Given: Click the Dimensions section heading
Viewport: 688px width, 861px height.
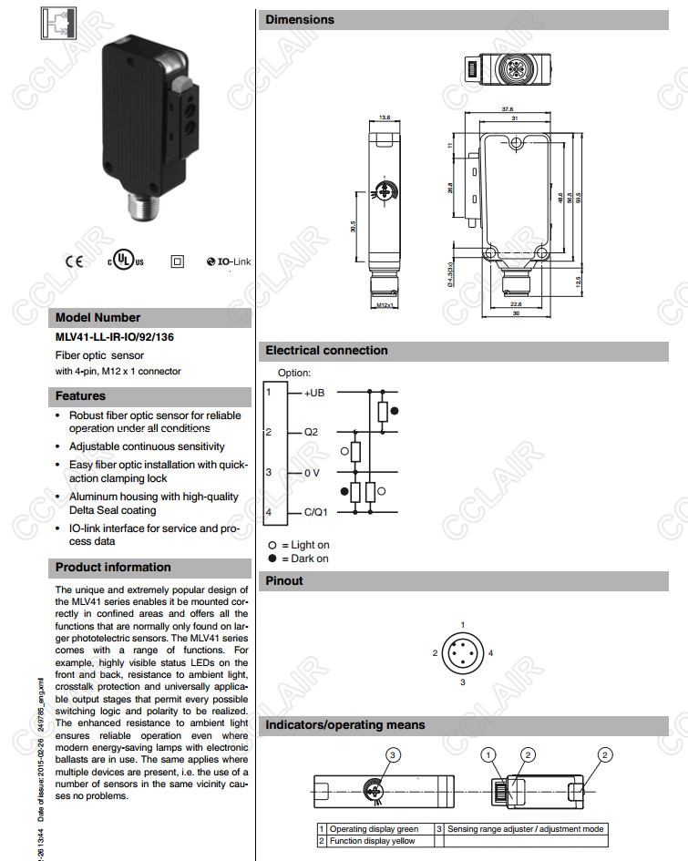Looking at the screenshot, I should pos(300,19).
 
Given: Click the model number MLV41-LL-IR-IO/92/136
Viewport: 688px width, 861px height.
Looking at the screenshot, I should pos(115,337).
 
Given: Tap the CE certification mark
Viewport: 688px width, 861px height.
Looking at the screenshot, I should pos(74,261).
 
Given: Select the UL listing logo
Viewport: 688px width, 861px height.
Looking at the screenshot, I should pos(126,261).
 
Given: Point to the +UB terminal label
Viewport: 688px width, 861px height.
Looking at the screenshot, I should pos(314,393).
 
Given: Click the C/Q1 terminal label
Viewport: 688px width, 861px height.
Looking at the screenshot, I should pos(316,513).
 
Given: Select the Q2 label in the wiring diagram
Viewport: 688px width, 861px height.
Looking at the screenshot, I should pos(311,433).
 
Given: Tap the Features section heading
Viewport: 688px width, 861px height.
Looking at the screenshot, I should pos(80,396).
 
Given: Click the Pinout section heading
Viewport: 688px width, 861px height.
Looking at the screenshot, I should pos(284,580).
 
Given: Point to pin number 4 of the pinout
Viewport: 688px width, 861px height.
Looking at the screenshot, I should pos(490,653).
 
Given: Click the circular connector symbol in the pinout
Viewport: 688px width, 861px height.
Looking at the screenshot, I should pos(463,653).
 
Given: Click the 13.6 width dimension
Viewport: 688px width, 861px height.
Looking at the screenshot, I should pos(385,118).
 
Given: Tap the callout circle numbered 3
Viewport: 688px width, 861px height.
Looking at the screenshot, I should pos(393,754).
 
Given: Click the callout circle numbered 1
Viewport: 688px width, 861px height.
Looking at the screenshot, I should pos(490,754).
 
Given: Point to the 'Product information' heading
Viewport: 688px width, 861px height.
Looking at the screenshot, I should pos(113,567).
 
